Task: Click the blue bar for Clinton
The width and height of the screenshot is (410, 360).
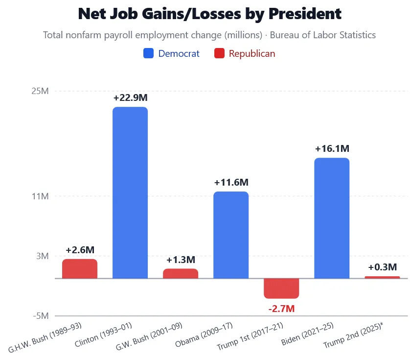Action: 130,192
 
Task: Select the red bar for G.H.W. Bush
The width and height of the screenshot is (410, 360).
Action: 80,269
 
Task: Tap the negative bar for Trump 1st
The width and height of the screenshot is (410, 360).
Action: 281,288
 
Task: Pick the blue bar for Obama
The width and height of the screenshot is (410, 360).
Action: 231,235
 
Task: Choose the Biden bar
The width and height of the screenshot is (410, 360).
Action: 332,218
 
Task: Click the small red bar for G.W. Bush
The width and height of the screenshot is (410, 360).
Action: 181,273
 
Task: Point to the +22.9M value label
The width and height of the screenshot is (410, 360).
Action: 130,97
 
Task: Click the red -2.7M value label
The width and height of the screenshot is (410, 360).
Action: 281,309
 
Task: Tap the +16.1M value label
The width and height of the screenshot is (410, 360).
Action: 332,148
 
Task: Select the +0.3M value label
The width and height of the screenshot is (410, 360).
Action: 382,267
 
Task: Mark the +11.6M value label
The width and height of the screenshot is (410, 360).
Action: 231,182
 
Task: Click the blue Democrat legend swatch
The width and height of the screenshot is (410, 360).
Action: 148,53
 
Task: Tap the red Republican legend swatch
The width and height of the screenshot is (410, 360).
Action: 219,53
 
